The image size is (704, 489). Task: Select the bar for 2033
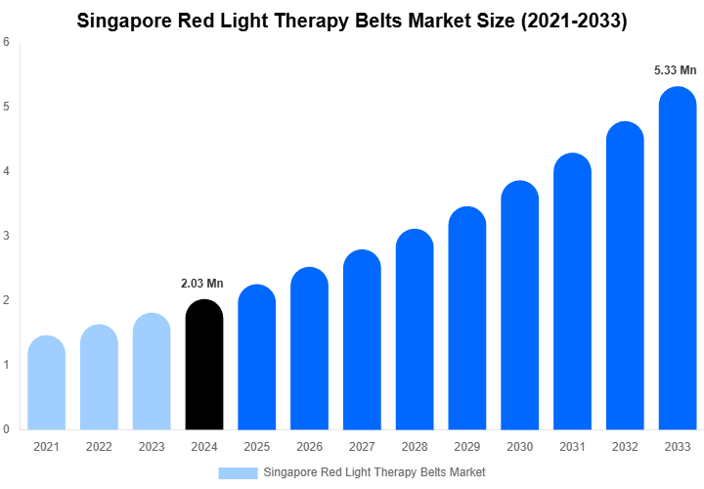coord(678,258)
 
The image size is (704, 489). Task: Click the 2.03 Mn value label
coord(202,284)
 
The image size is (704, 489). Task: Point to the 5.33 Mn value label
coord(675,70)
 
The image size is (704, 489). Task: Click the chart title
coord(352,20)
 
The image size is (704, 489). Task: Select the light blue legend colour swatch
coord(238,471)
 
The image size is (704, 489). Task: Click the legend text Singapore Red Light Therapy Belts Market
coord(374,471)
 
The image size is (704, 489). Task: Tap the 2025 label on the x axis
coord(256,447)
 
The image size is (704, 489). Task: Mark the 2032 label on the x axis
coord(625,447)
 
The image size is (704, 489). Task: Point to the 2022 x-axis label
coord(99,447)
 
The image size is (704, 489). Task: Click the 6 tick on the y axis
coord(7,42)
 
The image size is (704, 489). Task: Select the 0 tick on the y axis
coord(7,428)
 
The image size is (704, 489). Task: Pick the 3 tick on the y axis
coord(7,236)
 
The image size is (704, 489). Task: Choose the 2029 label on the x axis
coord(467,447)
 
